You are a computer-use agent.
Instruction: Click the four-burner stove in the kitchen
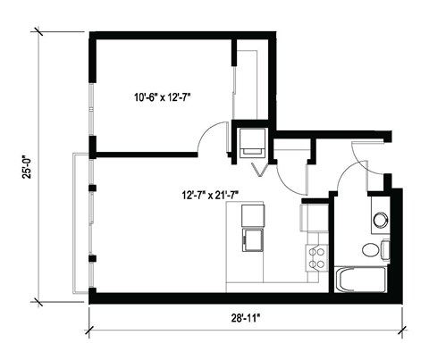(316, 259)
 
